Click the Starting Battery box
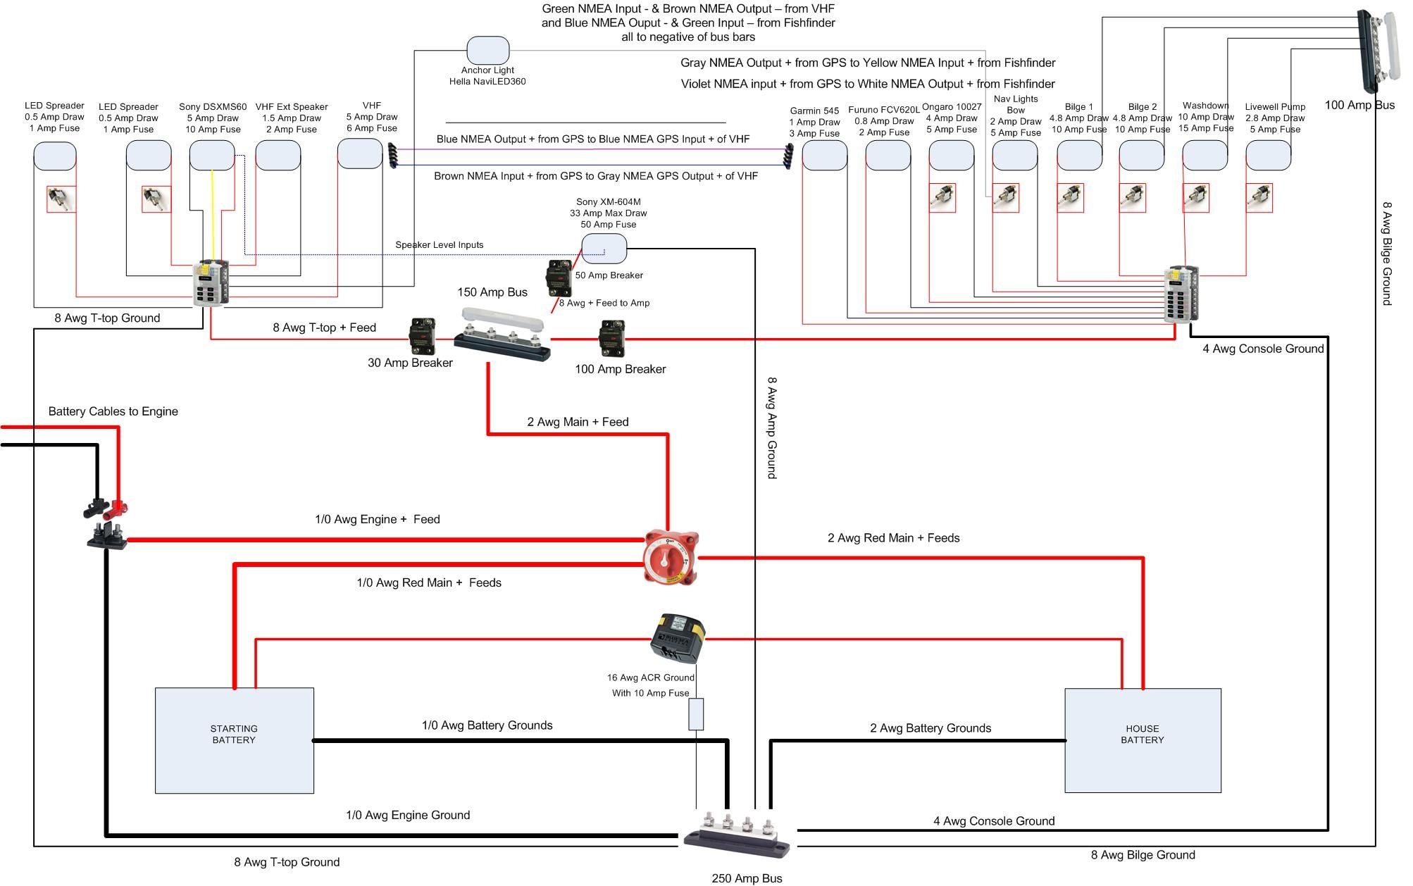point(234,740)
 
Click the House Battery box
point(1142,740)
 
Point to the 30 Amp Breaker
point(422,337)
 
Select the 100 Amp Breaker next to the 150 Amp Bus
point(611,338)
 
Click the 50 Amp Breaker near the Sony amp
point(559,277)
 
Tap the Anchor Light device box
point(487,51)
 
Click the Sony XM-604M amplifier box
point(604,249)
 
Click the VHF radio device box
point(360,154)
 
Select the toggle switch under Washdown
point(1195,198)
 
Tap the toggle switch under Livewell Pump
point(1259,198)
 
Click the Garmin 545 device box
point(824,155)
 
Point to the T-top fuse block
point(211,283)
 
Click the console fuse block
point(1181,294)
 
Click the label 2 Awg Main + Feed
point(578,422)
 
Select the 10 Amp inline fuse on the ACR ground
point(695,714)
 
